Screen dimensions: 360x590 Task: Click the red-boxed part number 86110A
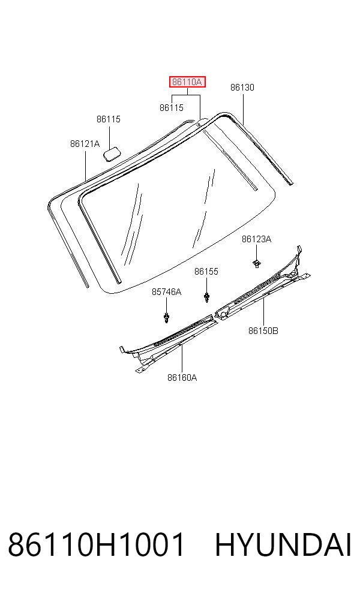[x=187, y=82]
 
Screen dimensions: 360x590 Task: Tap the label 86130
[x=242, y=88]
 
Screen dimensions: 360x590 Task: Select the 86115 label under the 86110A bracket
[x=172, y=107]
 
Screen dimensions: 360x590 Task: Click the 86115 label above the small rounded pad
[x=109, y=119]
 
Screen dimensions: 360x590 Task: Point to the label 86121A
[x=85, y=144]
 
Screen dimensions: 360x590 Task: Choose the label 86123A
[x=256, y=239]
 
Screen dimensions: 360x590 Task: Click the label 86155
[x=206, y=272]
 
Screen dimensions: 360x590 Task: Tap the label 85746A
[x=166, y=292]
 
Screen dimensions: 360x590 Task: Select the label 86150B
[x=263, y=331]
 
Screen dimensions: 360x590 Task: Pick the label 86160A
[x=182, y=377]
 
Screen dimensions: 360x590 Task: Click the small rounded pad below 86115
[x=112, y=154]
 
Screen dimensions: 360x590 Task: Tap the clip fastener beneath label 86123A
[x=256, y=263]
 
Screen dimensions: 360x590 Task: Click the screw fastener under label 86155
[x=206, y=297]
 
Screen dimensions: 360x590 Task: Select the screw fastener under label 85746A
[x=166, y=317]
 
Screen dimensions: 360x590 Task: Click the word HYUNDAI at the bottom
[x=283, y=544]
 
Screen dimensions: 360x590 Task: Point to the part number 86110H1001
[x=97, y=544]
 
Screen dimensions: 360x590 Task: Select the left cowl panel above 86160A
[x=167, y=342]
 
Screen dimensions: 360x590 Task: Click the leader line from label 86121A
[x=85, y=165]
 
